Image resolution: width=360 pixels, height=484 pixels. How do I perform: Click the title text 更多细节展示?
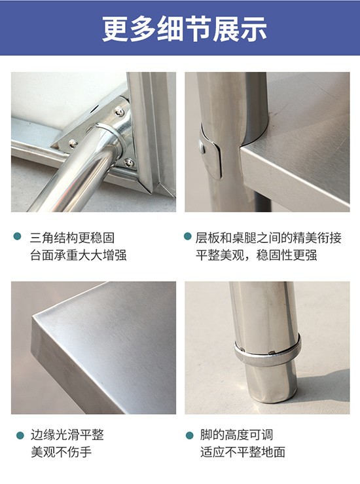click(185, 29)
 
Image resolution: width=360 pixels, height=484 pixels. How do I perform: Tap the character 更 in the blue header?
click(115, 29)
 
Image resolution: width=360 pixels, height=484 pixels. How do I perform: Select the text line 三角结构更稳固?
click(72, 238)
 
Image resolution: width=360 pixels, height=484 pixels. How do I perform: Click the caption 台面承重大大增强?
click(79, 255)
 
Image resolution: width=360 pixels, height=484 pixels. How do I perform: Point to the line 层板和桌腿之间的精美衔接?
click(268, 238)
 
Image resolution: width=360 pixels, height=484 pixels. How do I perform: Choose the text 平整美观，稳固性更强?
click(257, 255)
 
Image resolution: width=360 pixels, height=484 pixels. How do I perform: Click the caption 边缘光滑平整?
click(67, 435)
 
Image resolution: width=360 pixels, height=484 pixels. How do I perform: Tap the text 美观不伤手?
click(61, 452)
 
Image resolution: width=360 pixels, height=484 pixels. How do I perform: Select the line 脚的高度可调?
click(236, 435)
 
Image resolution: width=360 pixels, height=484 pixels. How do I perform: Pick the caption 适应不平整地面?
click(242, 452)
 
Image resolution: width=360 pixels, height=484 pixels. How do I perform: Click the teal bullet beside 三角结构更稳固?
click(18, 236)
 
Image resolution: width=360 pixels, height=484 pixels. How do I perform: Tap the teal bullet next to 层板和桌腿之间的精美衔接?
click(188, 236)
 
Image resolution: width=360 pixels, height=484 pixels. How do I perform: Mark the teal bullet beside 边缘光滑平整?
click(20, 436)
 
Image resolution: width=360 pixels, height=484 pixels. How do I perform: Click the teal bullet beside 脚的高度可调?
click(189, 436)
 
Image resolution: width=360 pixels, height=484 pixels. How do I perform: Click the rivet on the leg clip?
click(202, 147)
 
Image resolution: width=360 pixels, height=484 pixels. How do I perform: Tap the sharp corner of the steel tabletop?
click(33, 316)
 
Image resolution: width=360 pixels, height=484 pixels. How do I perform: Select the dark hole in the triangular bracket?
click(94, 109)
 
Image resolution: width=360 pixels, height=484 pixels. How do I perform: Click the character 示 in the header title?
click(253, 29)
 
